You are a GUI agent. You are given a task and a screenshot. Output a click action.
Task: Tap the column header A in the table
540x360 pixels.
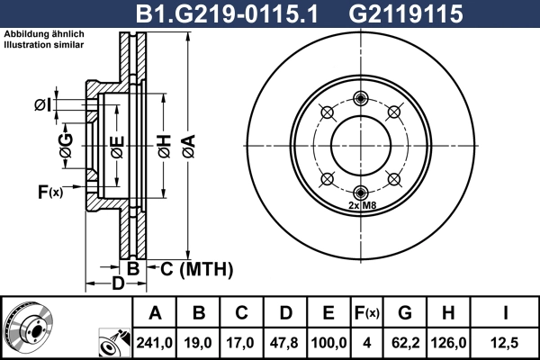click(155, 313)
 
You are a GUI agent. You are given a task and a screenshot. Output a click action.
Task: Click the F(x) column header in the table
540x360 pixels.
click(367, 313)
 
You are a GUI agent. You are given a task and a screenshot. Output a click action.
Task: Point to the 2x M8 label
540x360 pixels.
click(361, 206)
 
